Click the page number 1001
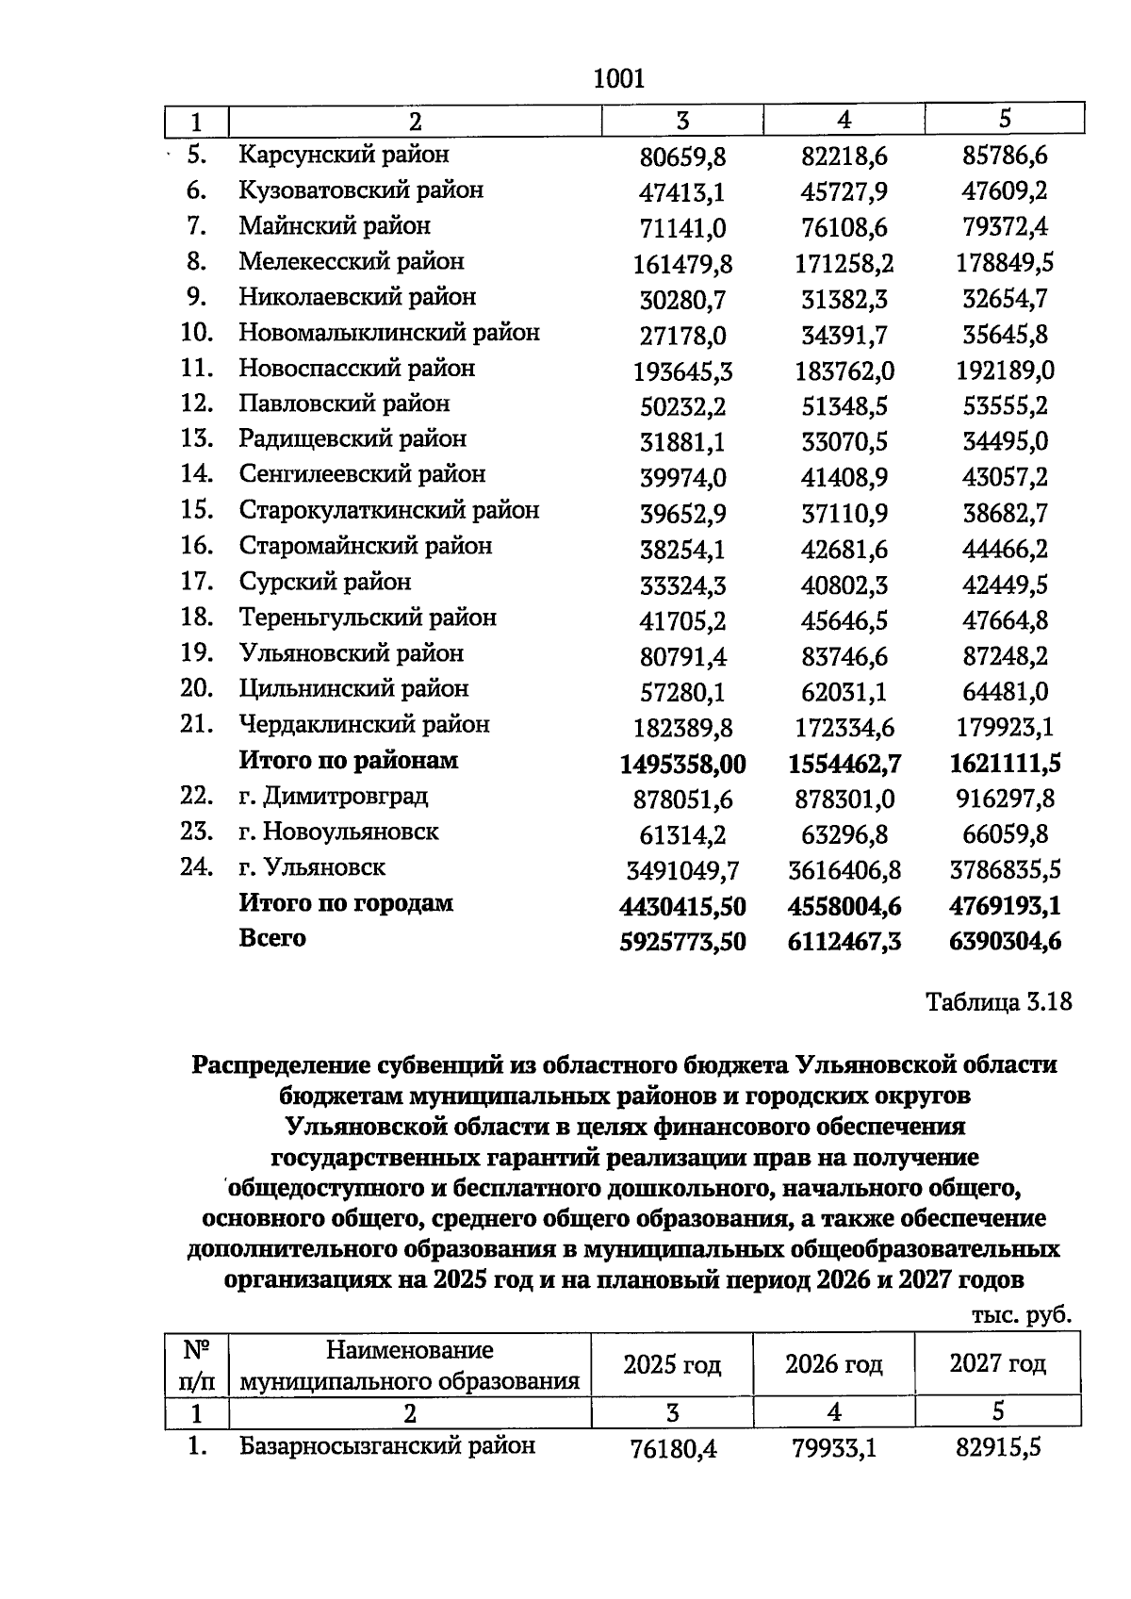[619, 78]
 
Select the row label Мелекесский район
[351, 261]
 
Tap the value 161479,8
[682, 265]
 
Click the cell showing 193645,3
[682, 371]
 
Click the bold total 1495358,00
[682, 764]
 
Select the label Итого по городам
[345, 903]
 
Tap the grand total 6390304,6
[1005, 942]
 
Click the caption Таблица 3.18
[999, 1001]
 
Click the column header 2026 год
[833, 1364]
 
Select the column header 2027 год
[997, 1364]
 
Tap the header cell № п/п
[196, 1365]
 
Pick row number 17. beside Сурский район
[197, 582]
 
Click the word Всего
[272, 939]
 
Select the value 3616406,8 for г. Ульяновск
[844, 870]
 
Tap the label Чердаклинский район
[364, 725]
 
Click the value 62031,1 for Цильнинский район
[844, 693]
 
